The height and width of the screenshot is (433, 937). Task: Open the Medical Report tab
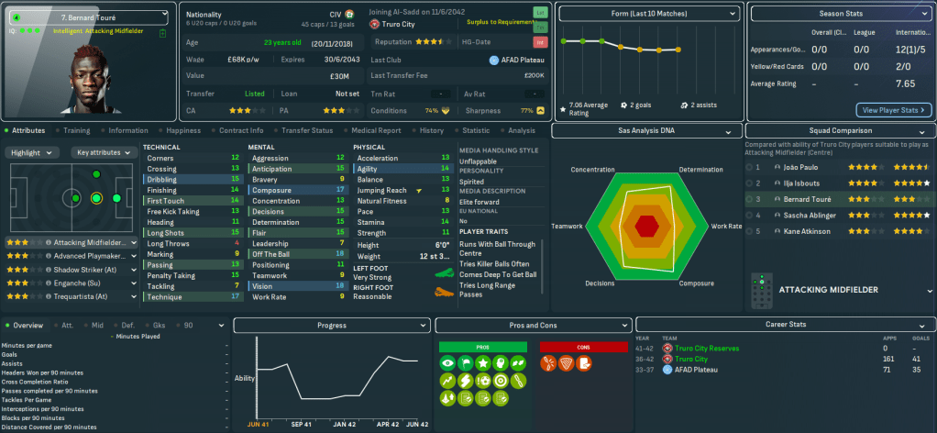[376, 131]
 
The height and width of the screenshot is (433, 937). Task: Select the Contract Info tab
[241, 131]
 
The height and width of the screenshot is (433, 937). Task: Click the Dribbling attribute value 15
[236, 180]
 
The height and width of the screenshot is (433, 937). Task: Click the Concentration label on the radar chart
[592, 170]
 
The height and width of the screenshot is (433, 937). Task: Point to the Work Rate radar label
[726, 226]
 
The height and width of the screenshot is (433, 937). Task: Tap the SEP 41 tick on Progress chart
[303, 425]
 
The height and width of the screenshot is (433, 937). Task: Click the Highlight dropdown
[31, 152]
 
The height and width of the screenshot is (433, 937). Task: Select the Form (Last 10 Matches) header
[649, 13]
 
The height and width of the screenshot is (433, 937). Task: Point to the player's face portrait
[92, 83]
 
